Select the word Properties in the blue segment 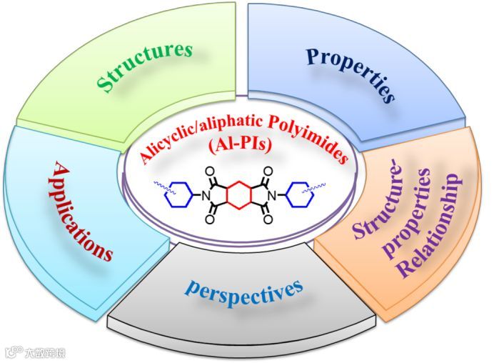pos(351,74)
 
